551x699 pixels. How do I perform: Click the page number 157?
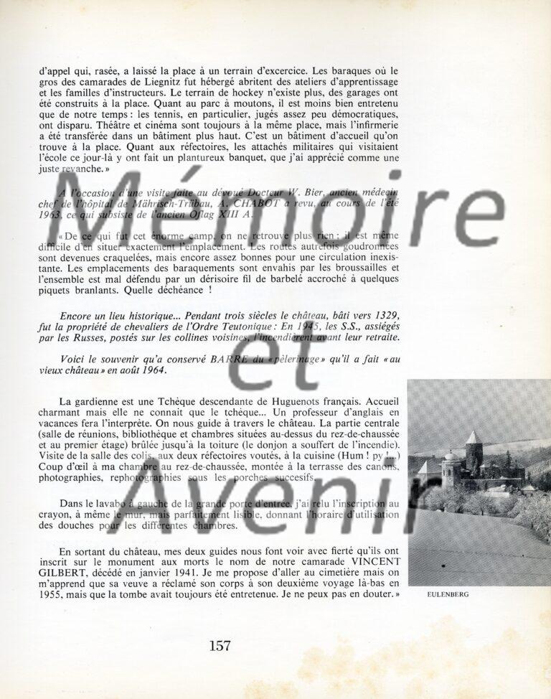click(220, 645)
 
